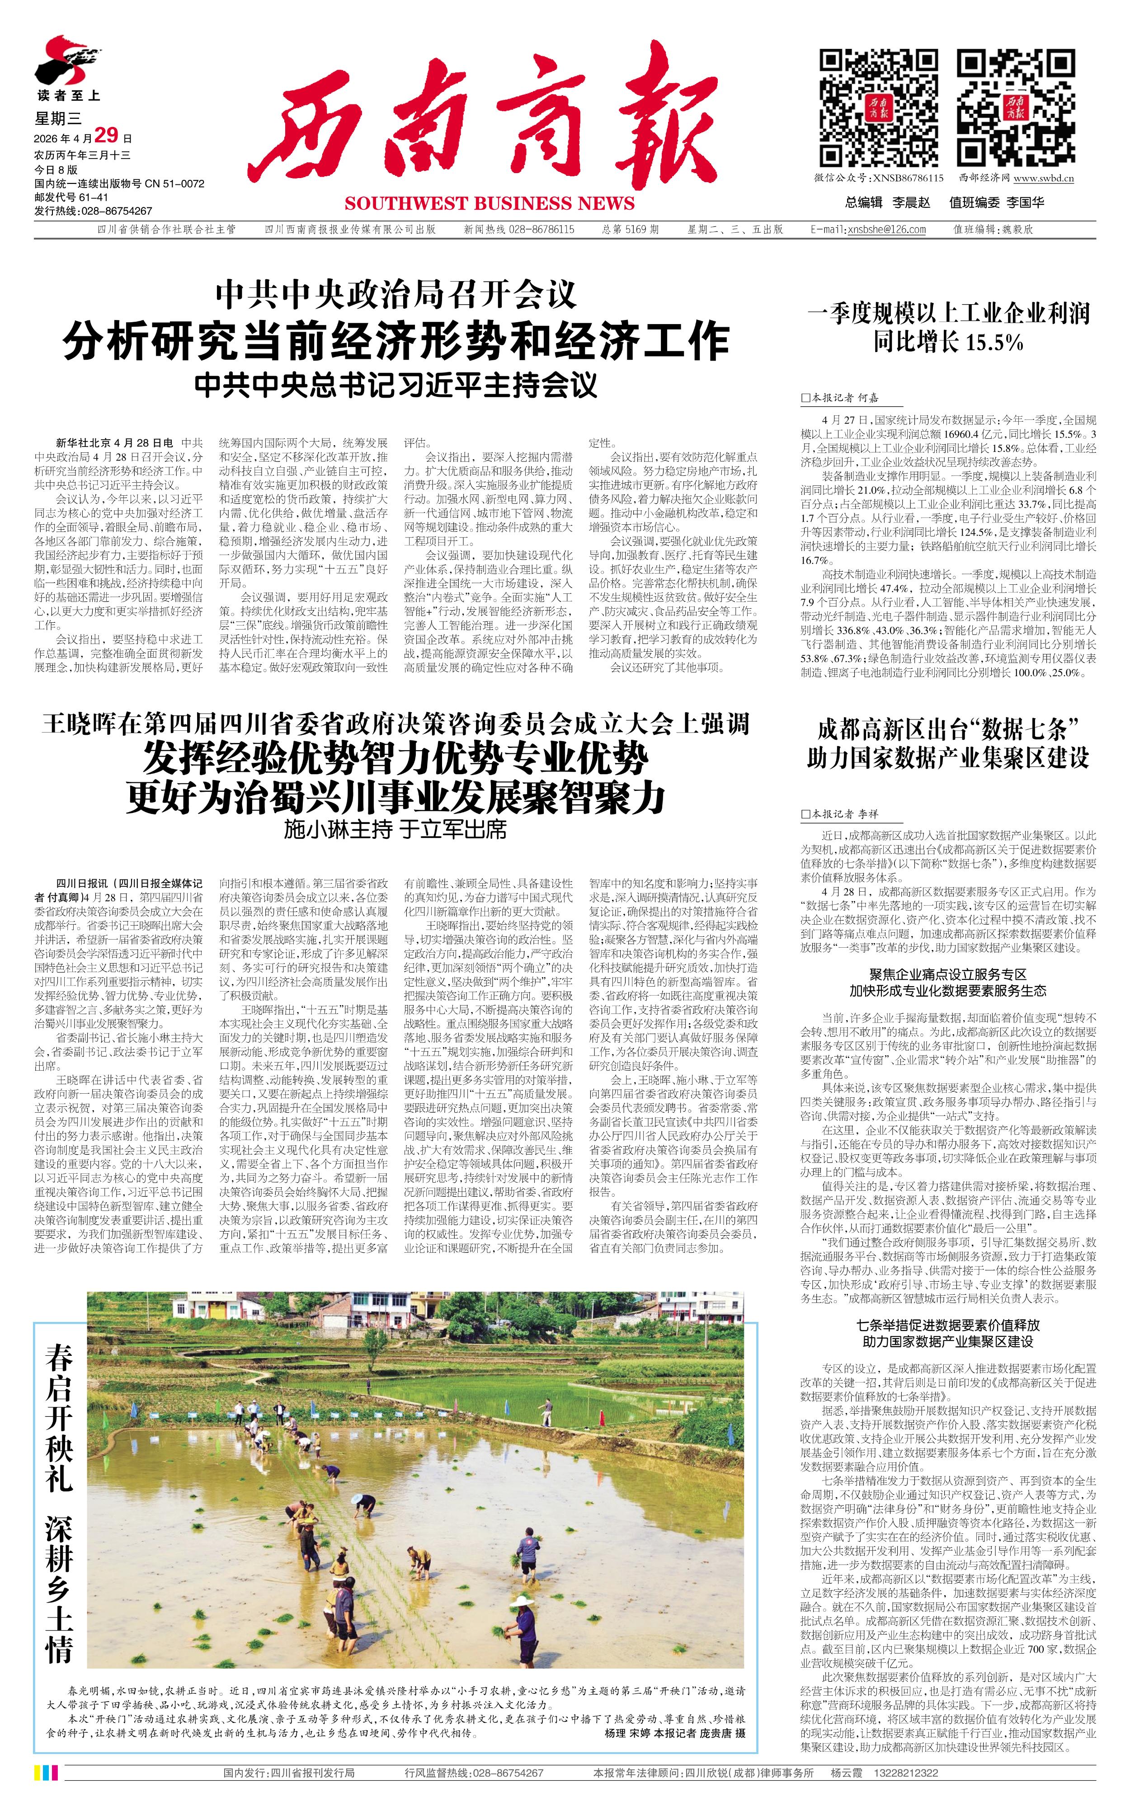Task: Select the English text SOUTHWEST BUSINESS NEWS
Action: (x=490, y=203)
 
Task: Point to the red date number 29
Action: (x=107, y=135)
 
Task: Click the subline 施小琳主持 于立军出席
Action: (x=395, y=829)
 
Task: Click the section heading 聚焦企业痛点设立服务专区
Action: (x=948, y=974)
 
